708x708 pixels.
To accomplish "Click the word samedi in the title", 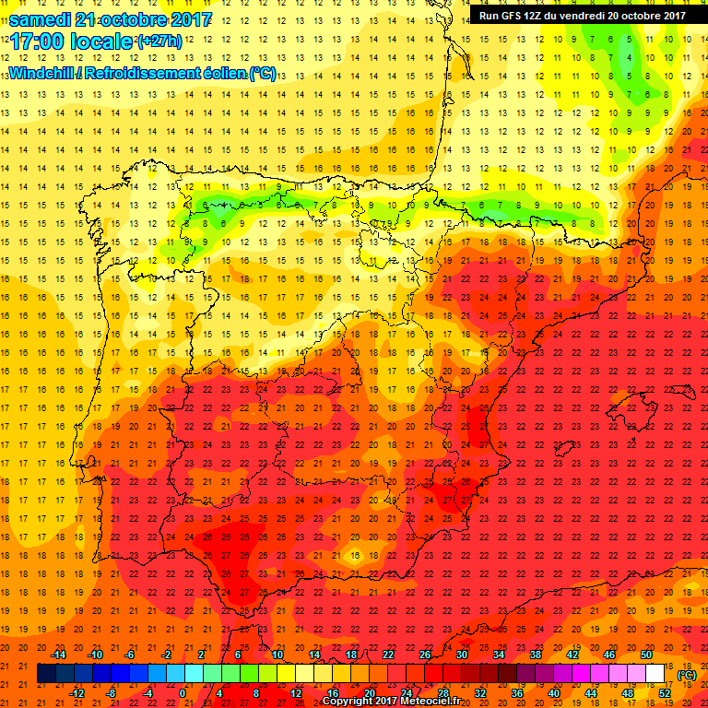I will [41, 18].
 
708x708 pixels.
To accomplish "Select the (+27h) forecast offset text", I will [159, 41].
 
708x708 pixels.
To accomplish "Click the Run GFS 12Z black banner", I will [582, 15].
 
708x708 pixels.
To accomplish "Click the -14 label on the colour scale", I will [59, 654].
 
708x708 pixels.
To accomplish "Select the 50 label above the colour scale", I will [645, 654].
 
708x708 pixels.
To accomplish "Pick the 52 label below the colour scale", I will [665, 693].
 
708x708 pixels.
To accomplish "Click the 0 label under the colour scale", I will [183, 693].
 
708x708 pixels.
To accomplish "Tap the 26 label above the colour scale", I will [425, 654].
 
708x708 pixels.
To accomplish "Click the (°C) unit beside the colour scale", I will [687, 675].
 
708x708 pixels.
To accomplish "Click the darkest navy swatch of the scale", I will [46, 674].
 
